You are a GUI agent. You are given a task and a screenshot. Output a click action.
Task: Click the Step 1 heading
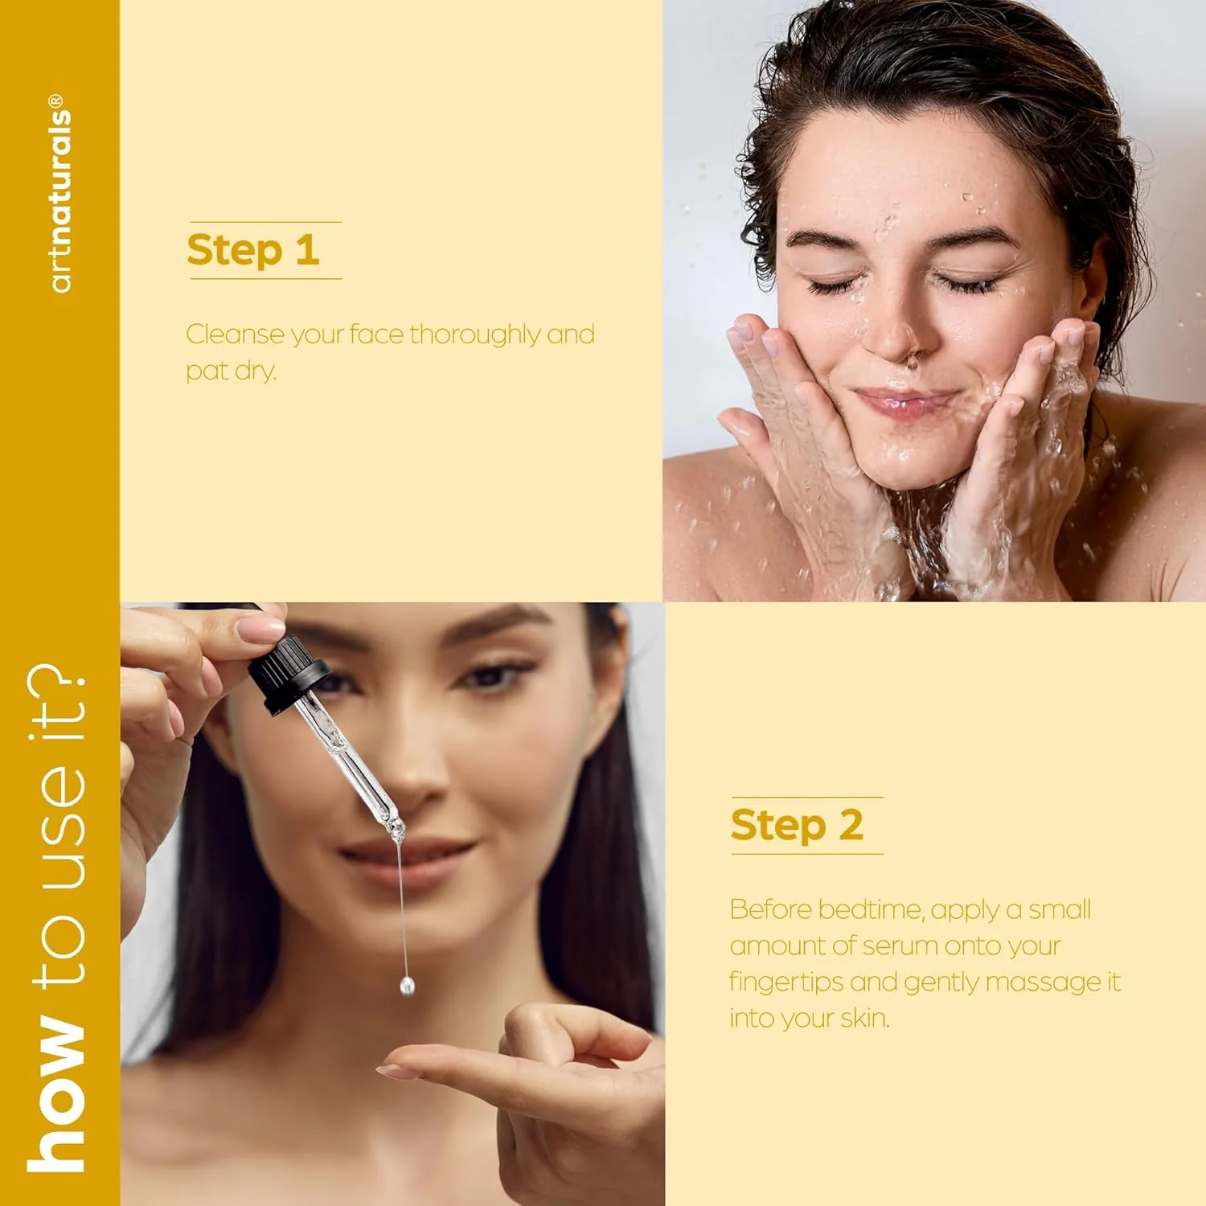click(253, 250)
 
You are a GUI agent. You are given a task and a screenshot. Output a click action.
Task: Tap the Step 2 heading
click(797, 825)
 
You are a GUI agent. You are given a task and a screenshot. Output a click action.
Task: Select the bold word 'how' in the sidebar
click(56, 1093)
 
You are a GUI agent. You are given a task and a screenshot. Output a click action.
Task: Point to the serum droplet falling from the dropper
click(407, 986)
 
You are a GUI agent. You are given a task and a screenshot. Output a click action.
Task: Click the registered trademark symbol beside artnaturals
click(55, 102)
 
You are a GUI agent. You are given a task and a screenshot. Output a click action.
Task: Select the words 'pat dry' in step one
click(231, 371)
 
